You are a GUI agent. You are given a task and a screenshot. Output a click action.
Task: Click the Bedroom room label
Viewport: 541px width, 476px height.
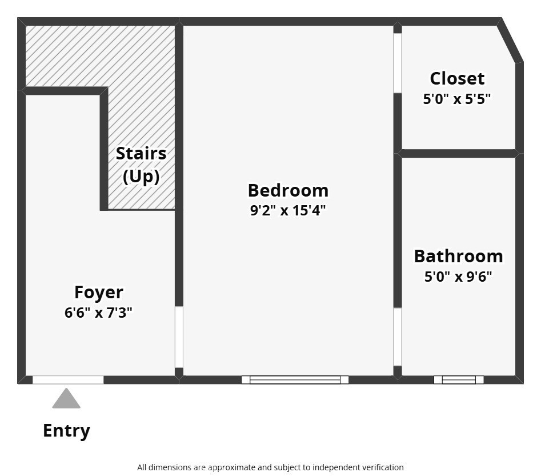(x=288, y=190)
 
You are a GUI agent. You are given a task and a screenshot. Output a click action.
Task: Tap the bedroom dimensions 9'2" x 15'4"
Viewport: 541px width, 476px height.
(x=288, y=210)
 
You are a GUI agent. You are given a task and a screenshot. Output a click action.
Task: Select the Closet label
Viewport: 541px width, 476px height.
(x=457, y=79)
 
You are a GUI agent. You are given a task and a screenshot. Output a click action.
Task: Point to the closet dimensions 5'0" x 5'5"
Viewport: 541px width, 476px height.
(x=457, y=99)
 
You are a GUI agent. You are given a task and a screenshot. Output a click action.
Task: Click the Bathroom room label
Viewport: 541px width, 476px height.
(x=459, y=256)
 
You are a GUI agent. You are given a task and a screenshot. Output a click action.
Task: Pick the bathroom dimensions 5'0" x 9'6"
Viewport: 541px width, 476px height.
(x=458, y=277)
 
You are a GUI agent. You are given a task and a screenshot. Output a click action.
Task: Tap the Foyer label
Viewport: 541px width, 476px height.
(x=99, y=293)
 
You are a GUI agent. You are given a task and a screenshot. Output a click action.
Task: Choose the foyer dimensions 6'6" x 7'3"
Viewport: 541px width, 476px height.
(x=98, y=313)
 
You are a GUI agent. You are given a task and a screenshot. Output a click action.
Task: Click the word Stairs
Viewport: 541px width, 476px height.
(x=141, y=153)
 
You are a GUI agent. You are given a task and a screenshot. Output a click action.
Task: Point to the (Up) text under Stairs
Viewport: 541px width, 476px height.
(x=141, y=177)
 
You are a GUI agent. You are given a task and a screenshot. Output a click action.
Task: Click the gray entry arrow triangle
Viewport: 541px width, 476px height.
(x=66, y=399)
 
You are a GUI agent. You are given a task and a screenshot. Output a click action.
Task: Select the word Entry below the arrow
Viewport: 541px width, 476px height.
(x=67, y=431)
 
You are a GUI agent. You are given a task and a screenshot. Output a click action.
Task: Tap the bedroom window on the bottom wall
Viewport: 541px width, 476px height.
(x=295, y=379)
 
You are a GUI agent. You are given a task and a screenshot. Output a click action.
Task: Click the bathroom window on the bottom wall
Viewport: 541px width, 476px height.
(x=459, y=379)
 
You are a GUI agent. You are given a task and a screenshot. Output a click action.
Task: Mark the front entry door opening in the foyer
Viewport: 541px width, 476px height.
(x=68, y=379)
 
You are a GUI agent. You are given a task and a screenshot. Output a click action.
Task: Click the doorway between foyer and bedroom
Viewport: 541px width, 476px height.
(x=179, y=337)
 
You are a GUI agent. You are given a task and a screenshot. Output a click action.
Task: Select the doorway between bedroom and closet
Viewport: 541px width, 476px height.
(x=398, y=63)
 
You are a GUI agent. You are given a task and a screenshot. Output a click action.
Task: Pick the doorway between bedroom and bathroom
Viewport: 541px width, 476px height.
(x=398, y=337)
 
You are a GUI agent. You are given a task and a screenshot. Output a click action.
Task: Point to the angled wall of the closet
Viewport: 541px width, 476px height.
(x=511, y=40)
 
